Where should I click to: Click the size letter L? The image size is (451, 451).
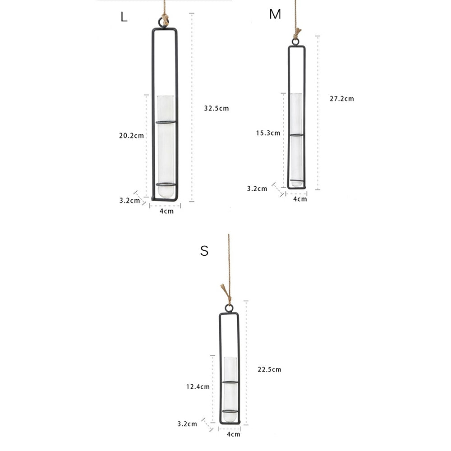coord(124,17)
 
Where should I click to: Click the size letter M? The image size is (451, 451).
coord(275,14)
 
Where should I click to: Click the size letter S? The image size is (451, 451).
coord(204,251)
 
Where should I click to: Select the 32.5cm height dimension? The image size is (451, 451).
coord(216,108)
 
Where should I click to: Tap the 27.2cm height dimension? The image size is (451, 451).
coord(341,99)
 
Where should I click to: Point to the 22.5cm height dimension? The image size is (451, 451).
coord(269,369)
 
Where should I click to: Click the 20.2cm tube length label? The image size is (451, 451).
coord(132,135)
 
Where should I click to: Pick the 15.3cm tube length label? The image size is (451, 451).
coord(268,133)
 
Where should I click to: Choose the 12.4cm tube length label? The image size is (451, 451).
coord(198,387)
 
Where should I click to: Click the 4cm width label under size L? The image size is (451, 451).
coord(166,212)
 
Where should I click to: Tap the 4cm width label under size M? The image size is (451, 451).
coord(300,199)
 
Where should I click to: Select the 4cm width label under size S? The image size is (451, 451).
coord(233,434)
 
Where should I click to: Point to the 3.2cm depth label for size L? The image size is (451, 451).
coord(129,201)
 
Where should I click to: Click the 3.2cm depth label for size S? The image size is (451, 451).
coord(187,424)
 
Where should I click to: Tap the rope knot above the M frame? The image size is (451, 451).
coord(297,33)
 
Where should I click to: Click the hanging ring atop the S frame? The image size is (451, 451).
coord(229,308)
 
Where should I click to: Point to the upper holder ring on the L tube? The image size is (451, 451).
coord(166,122)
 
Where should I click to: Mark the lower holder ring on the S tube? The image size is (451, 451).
coord(230,411)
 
